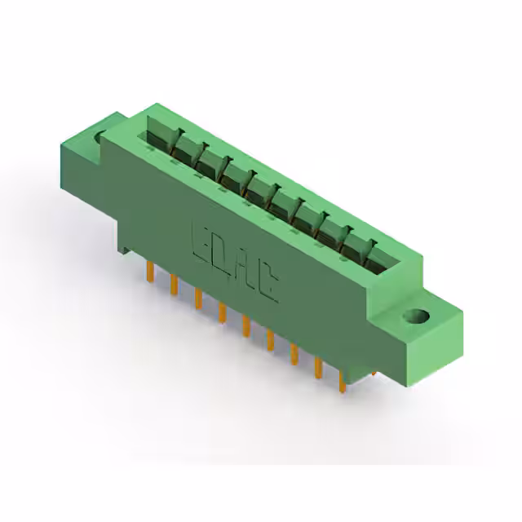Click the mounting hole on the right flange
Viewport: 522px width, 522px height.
tap(420, 315)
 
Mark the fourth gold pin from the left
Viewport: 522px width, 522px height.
tap(221, 314)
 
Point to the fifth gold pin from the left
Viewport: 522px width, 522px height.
tap(245, 329)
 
